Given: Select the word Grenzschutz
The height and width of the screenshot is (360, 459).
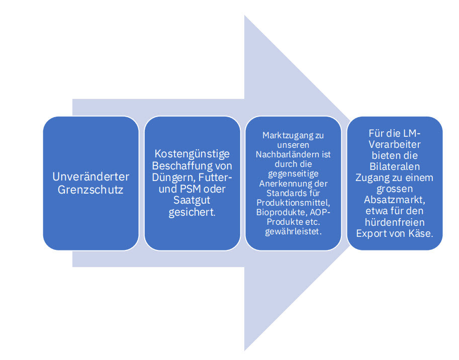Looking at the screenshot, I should [x=91, y=190].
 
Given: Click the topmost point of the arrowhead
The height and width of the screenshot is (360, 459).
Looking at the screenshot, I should [x=244, y=15].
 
